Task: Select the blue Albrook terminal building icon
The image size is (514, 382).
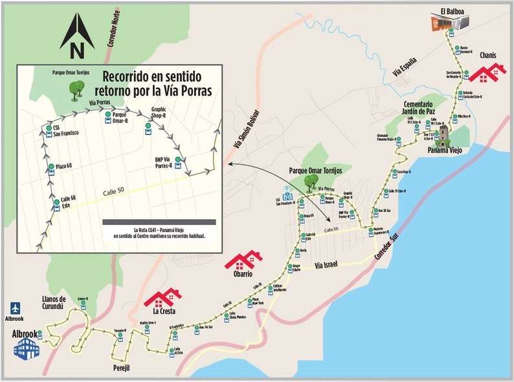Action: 27,349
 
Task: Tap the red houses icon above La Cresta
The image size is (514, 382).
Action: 162,297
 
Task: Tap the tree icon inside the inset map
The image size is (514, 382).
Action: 70,90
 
